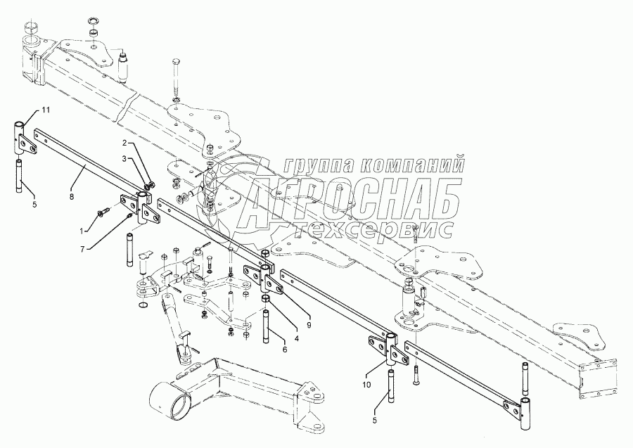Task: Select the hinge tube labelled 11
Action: coord(19,136)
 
